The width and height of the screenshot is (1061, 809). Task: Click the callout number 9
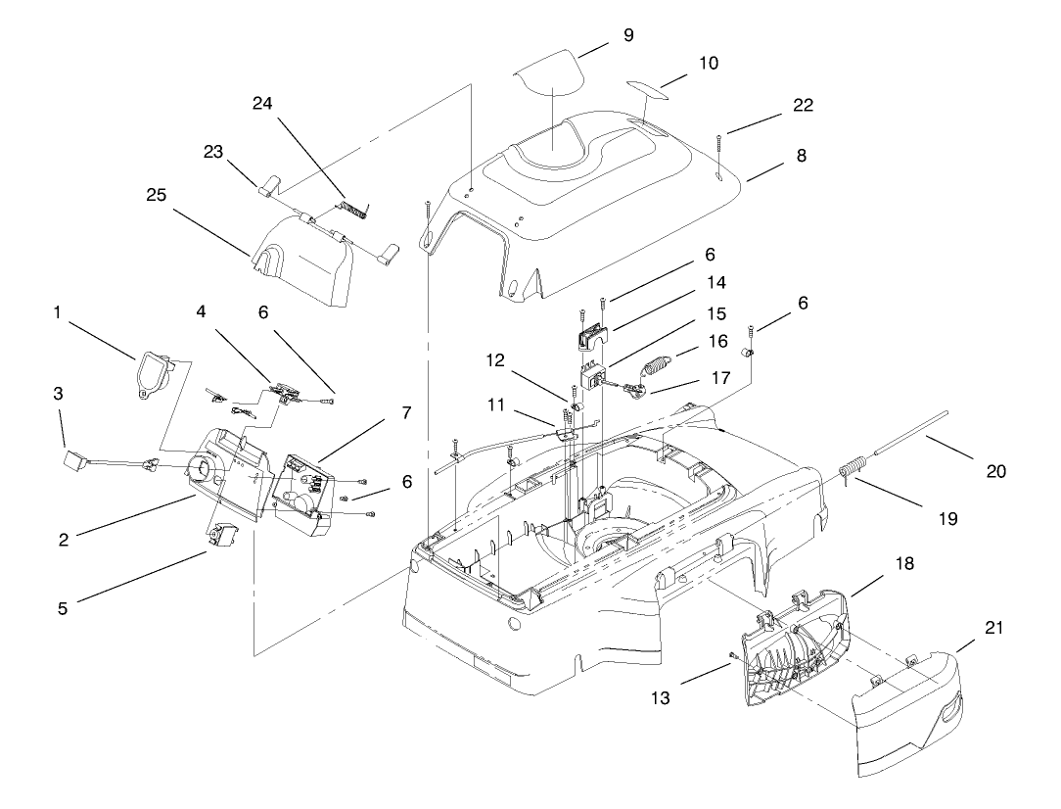point(627,36)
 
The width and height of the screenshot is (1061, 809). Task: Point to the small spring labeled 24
point(354,207)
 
